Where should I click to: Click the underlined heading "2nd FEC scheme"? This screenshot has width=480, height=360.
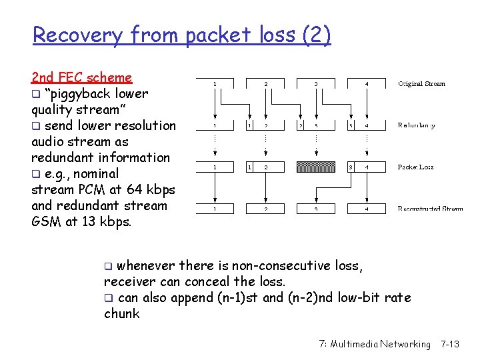pyautogui.click(x=81, y=77)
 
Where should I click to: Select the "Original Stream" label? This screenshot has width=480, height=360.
pyautogui.click(x=422, y=84)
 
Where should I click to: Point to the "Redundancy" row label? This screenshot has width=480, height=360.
pyautogui.click(x=417, y=125)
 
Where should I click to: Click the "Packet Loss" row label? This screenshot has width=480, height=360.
pyautogui.click(x=416, y=167)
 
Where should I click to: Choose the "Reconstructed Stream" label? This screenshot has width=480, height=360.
pyautogui.click(x=430, y=209)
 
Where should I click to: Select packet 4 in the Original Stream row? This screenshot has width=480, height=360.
pyautogui.click(x=368, y=84)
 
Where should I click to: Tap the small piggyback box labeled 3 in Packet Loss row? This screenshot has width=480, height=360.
pyautogui.click(x=351, y=167)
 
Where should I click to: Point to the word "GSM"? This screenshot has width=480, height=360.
pyautogui.click(x=46, y=221)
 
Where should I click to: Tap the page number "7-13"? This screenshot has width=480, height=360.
pyautogui.click(x=450, y=344)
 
